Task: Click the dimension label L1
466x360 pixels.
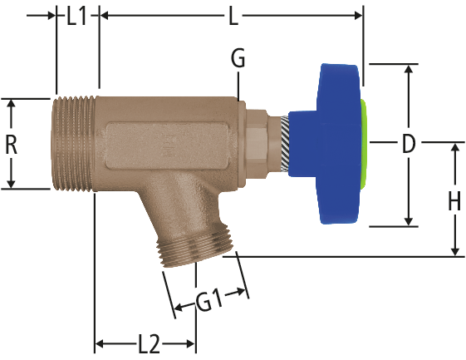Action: (76, 16)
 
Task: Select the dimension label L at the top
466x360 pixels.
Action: (234, 16)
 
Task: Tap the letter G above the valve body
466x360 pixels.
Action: (238, 57)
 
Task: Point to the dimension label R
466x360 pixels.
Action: (12, 144)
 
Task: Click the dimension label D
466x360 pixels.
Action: (409, 143)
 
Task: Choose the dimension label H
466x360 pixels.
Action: (454, 201)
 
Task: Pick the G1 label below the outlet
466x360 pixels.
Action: (209, 301)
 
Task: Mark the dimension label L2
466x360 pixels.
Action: (150, 344)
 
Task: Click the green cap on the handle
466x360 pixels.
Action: (365, 145)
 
